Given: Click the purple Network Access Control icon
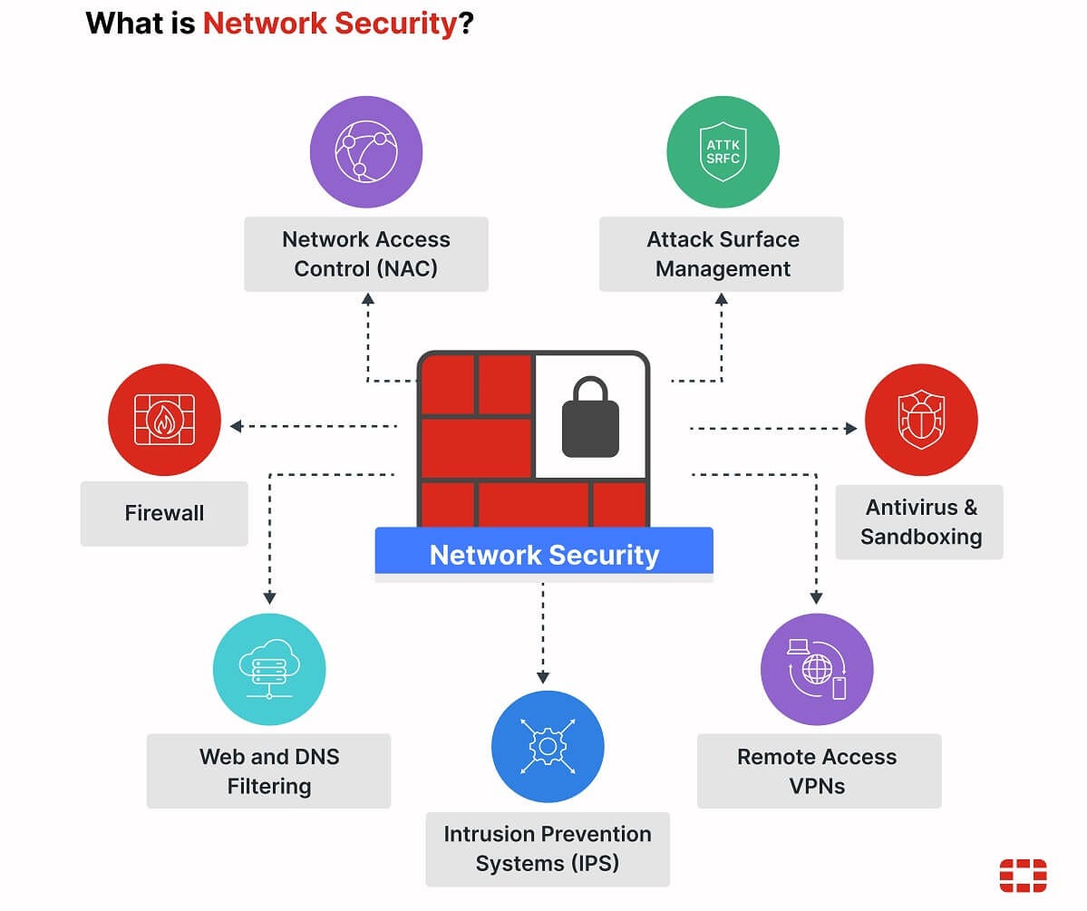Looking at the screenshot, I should [x=366, y=151].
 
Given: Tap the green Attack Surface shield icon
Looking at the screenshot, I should [x=723, y=151].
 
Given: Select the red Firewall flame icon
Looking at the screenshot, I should [x=164, y=420].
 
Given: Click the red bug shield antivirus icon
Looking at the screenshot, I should [x=921, y=420].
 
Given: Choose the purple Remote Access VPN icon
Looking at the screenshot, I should [x=817, y=670].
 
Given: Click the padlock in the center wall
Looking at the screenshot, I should [x=590, y=418].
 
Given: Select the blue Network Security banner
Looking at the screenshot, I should [x=544, y=554].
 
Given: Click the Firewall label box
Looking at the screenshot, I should [x=164, y=513].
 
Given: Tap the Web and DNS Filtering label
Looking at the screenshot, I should [x=269, y=770].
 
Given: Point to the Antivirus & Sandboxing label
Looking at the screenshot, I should [x=920, y=521].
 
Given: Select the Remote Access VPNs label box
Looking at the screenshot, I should [x=818, y=770].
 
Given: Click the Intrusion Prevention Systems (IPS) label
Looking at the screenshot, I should [x=548, y=848].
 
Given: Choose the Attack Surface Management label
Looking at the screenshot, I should [x=723, y=254].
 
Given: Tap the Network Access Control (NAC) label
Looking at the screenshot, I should [x=366, y=254].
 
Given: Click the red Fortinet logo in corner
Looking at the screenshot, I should [x=1023, y=876].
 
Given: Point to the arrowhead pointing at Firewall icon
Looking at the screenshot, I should [x=236, y=426].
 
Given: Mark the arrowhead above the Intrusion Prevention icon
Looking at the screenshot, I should [x=543, y=677].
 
